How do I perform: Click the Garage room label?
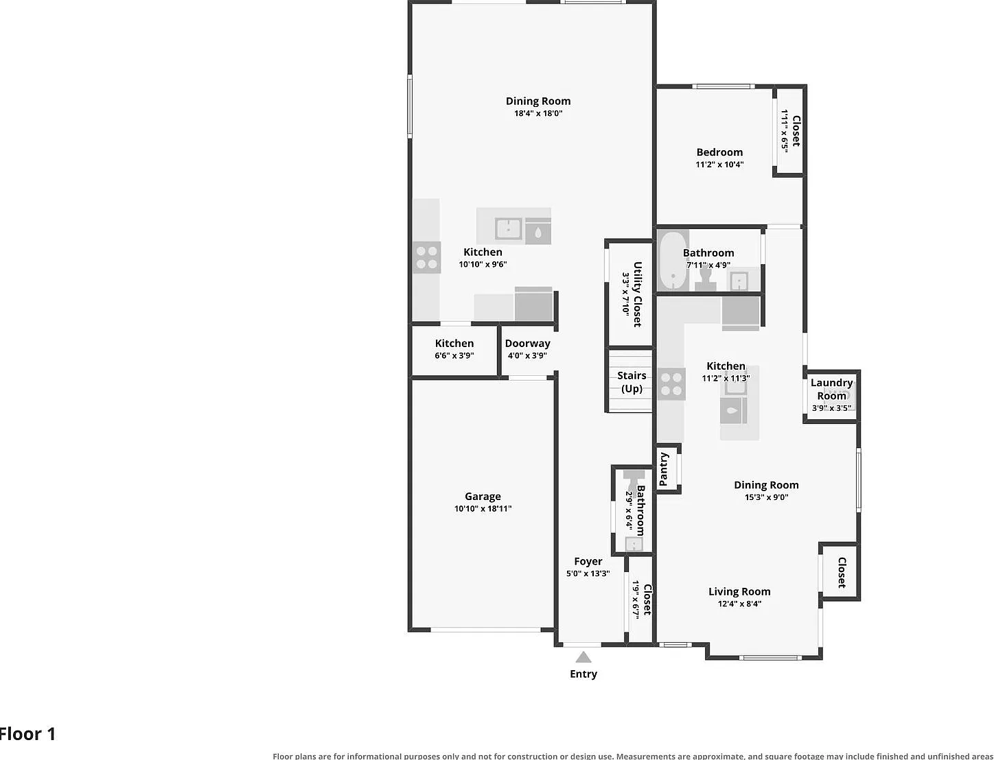483,496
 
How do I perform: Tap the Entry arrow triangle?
583,657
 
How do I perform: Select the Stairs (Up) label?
632,382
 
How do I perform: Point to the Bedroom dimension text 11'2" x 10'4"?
719,164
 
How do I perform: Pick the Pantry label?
663,469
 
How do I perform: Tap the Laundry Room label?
832,389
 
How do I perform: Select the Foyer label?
588,561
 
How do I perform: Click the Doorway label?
528,344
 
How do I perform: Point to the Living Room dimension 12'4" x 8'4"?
739,604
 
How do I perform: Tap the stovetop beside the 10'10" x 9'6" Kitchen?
426,257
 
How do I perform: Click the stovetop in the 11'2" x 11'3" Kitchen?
671,384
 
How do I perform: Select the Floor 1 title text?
27,734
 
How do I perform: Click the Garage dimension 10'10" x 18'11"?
483,508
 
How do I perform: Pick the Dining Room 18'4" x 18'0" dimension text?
538,113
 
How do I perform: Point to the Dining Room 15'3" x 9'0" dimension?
766,497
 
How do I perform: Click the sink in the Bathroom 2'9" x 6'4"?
634,544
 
